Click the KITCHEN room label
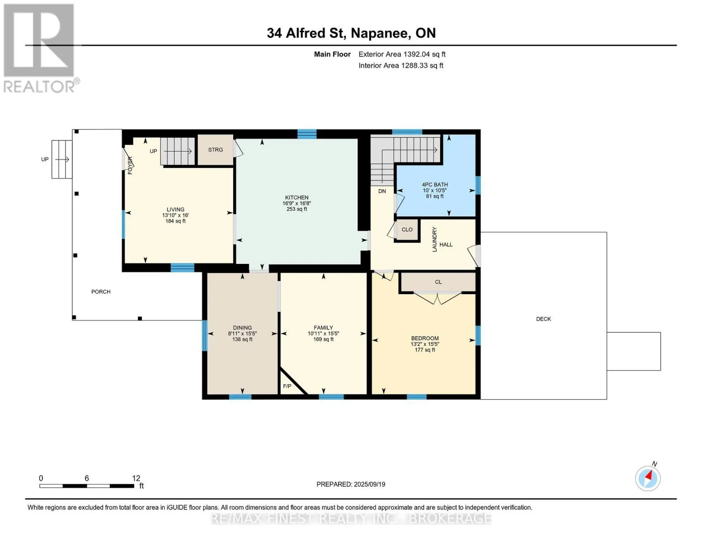297,198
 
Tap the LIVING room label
175,210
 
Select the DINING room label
242,328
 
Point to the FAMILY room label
323,328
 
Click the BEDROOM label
425,338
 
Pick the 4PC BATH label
435,185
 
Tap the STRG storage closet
216,150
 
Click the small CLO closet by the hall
407,229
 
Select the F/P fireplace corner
290,384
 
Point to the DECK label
543,319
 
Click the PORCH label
101,292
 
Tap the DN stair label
382,191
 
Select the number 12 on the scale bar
136,478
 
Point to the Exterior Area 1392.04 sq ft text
402,54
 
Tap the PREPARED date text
351,484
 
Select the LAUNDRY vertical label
434,239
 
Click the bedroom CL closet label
438,282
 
